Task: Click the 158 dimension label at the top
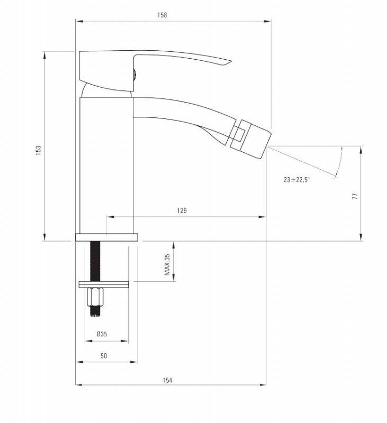(x=162, y=15)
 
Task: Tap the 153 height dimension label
(x=38, y=150)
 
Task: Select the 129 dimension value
(x=182, y=210)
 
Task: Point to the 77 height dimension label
(x=355, y=196)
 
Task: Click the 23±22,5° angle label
(x=296, y=179)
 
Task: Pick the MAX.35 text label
(x=167, y=264)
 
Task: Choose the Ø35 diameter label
(x=102, y=334)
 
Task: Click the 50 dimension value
(x=104, y=356)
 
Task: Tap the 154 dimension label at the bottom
(x=167, y=380)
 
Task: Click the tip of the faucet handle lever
(x=231, y=61)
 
